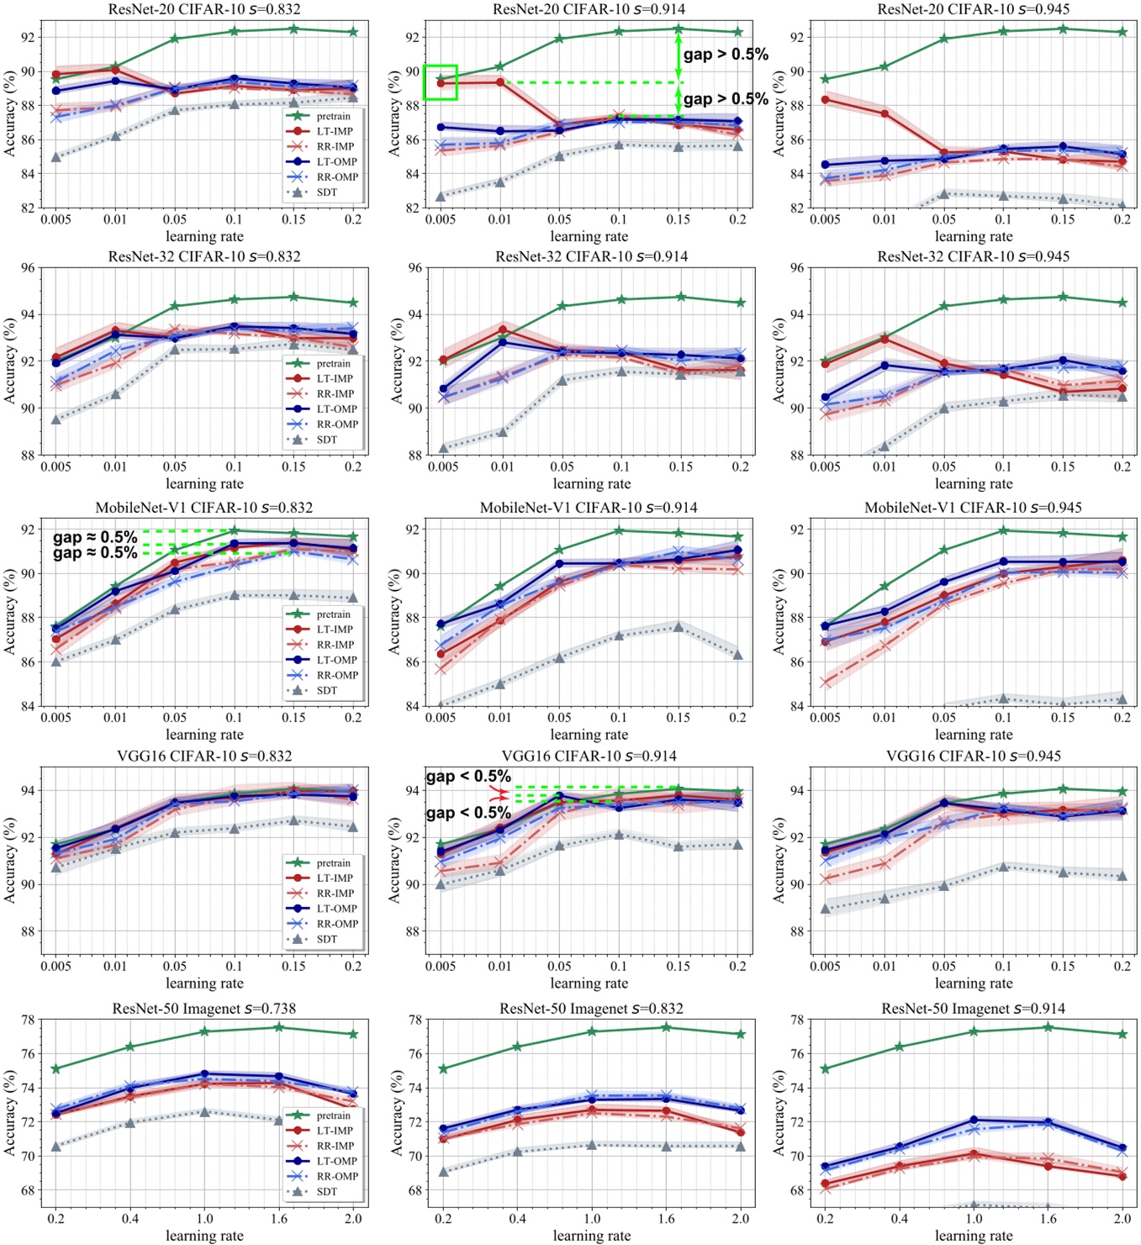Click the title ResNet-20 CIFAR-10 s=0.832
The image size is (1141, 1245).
click(x=204, y=9)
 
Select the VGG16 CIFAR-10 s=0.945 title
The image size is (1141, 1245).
click(x=973, y=756)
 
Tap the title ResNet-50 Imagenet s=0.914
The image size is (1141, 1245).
click(x=973, y=1009)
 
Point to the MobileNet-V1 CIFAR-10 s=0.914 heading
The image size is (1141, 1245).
click(x=589, y=508)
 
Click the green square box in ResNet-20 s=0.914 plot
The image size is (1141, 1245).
click(x=440, y=82)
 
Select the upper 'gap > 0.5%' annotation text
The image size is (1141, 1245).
click(x=726, y=55)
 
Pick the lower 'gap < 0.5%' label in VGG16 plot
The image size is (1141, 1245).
click(x=468, y=813)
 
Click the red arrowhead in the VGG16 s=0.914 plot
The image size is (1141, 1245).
click(x=499, y=794)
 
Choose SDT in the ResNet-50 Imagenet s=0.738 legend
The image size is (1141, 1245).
click(x=326, y=1191)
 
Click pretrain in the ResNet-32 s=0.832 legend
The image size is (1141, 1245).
click(x=333, y=363)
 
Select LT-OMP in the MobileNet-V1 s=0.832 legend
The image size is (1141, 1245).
click(x=336, y=660)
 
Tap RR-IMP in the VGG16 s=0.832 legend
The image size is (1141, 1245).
click(x=335, y=893)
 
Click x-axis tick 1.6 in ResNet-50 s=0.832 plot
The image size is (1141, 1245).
click(x=666, y=1218)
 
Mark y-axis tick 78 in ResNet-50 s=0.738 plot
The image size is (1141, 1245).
click(x=28, y=1020)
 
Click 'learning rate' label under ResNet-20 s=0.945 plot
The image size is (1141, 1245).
click(x=973, y=236)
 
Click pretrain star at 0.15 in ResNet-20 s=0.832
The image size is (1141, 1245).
click(x=293, y=29)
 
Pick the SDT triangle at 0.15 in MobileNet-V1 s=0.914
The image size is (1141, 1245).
click(x=678, y=626)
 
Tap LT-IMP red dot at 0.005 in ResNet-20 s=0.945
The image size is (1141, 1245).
click(x=825, y=100)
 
